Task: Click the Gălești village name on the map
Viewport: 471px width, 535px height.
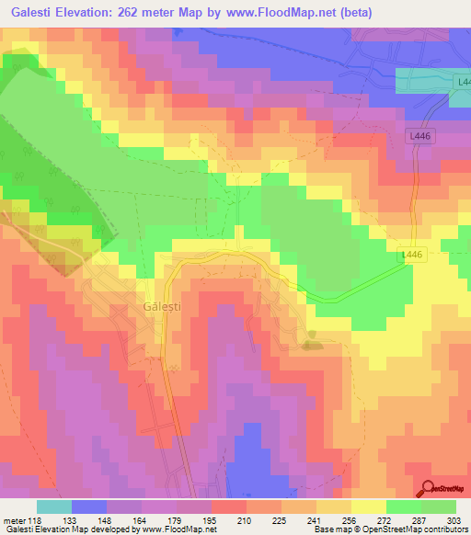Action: (x=162, y=306)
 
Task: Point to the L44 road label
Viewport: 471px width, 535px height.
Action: (x=463, y=83)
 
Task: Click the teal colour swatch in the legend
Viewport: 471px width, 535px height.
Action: (x=54, y=507)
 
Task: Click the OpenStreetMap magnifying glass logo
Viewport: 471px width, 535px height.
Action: (x=428, y=489)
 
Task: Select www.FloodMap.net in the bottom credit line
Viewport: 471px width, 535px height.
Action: (x=180, y=529)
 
